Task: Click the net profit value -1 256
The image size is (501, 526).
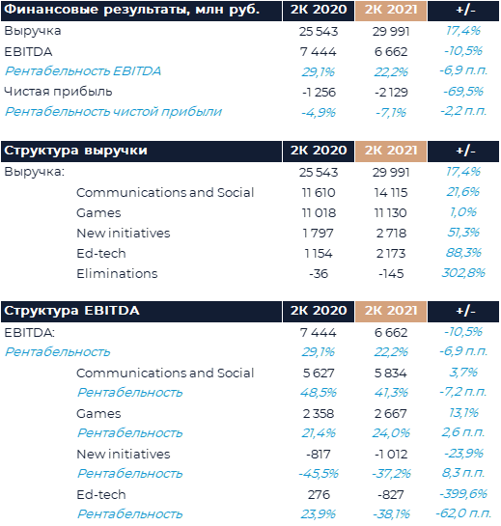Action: pos(319,92)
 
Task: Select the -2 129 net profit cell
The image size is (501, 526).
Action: pos(391,92)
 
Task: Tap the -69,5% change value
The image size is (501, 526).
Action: pos(463,92)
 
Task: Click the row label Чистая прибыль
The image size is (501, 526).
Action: pos(58,92)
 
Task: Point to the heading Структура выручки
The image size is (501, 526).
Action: pos(76,151)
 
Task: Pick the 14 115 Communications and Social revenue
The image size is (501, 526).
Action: pos(391,193)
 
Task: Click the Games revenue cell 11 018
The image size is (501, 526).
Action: pos(319,212)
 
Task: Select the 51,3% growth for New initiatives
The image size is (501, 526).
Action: pos(463,233)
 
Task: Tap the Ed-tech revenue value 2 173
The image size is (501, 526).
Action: pos(391,253)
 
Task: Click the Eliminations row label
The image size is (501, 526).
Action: pos(117,273)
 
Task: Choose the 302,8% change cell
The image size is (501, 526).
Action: pos(463,273)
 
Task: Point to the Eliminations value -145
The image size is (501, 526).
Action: pos(391,274)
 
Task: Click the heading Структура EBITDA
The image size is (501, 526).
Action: pos(71,311)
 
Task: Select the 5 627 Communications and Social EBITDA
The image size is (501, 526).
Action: pos(319,374)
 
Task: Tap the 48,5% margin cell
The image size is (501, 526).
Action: pos(319,393)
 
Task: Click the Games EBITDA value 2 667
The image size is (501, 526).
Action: pos(391,414)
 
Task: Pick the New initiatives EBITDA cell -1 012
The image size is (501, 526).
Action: pos(391,455)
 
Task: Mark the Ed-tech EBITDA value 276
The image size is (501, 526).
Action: pos(319,495)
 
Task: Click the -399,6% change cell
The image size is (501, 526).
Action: pos(463,494)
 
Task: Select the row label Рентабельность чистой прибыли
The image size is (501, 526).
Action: pos(113,112)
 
